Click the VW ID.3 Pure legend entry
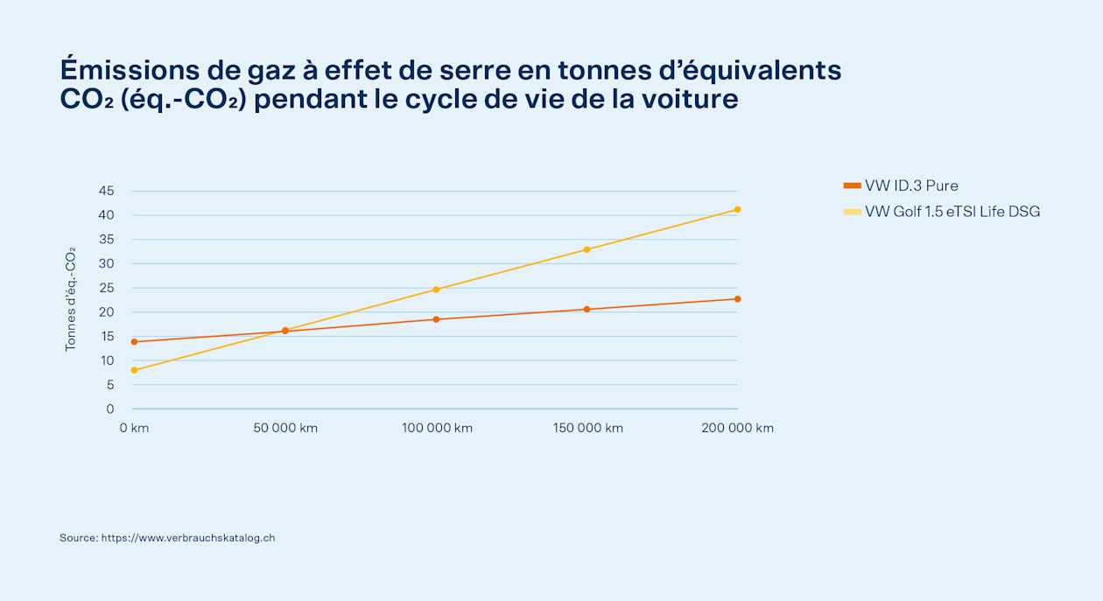coord(901,185)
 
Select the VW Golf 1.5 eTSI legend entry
coord(942,212)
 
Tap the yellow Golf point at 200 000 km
coord(737,210)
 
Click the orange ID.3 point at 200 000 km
coord(737,299)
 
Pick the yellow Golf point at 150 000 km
coord(587,249)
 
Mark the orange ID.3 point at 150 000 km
coord(587,310)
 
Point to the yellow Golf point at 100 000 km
coord(436,290)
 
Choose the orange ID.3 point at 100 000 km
coord(436,319)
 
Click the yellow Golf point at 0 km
coord(135,370)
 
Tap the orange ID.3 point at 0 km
coord(135,342)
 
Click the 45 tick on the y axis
coord(107,191)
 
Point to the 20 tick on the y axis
coord(107,312)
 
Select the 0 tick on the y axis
coord(109,409)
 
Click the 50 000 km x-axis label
coord(285,429)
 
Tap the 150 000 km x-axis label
coord(588,429)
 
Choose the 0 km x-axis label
coord(134,429)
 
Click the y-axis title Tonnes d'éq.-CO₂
coord(70,299)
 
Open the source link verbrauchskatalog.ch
coord(188,538)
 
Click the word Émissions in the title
coord(130,68)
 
